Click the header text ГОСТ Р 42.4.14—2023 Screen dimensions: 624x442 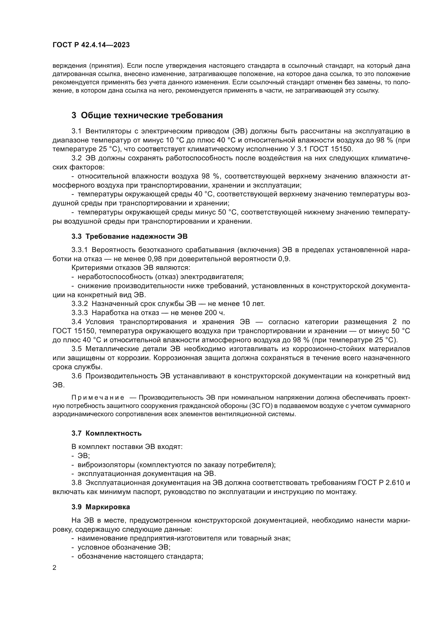click(91, 45)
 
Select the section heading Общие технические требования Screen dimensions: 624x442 click(152, 115)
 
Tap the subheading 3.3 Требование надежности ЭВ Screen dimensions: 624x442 click(130, 236)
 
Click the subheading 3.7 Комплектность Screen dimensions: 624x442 click(106, 433)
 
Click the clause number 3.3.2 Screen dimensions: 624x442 click(79, 304)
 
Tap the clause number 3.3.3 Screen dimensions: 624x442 click(79, 313)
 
